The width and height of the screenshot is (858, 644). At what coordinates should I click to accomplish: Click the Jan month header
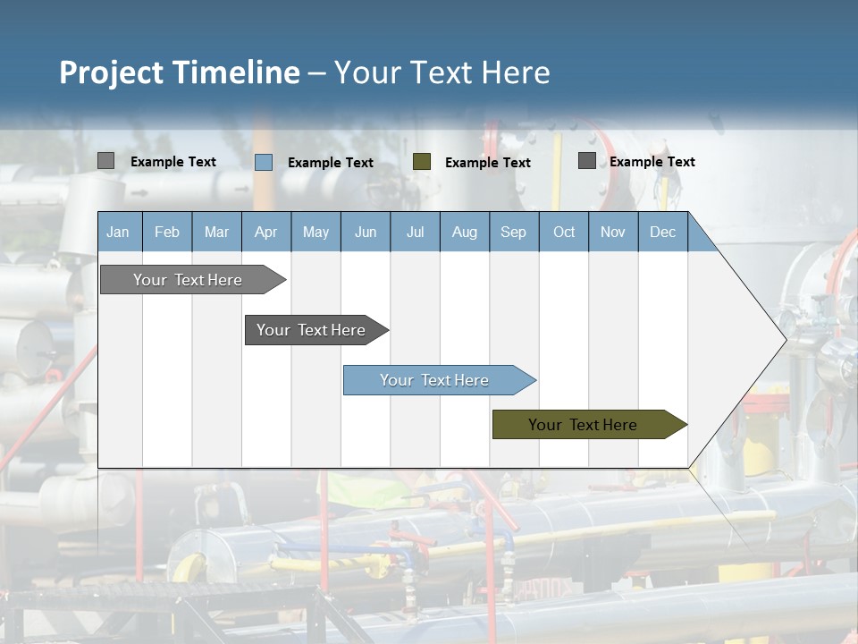118,232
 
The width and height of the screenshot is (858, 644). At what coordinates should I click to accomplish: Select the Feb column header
167,232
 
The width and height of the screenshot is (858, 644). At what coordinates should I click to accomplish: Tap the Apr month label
266,232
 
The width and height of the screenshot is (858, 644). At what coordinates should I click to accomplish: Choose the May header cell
315,232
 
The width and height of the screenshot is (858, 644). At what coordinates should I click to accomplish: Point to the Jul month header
415,232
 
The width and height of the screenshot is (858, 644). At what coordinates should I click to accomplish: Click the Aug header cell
465,232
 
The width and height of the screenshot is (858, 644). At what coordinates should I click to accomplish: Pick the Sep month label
514,232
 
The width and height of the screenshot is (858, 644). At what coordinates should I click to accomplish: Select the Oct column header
564,232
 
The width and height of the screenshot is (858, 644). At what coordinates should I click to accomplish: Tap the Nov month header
613,232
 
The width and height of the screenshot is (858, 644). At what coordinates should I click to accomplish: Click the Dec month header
663,232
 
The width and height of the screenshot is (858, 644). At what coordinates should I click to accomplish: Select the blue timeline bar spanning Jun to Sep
435,380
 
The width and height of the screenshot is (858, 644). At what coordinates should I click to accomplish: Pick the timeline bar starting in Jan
189,280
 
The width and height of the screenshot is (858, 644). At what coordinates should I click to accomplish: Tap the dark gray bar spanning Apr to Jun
312,330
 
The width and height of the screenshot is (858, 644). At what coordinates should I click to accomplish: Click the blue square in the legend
264,162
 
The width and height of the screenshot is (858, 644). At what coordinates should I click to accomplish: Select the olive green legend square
422,162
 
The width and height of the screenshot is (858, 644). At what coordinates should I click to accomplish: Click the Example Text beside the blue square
331,163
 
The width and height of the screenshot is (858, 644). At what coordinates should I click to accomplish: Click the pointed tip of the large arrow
784,339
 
